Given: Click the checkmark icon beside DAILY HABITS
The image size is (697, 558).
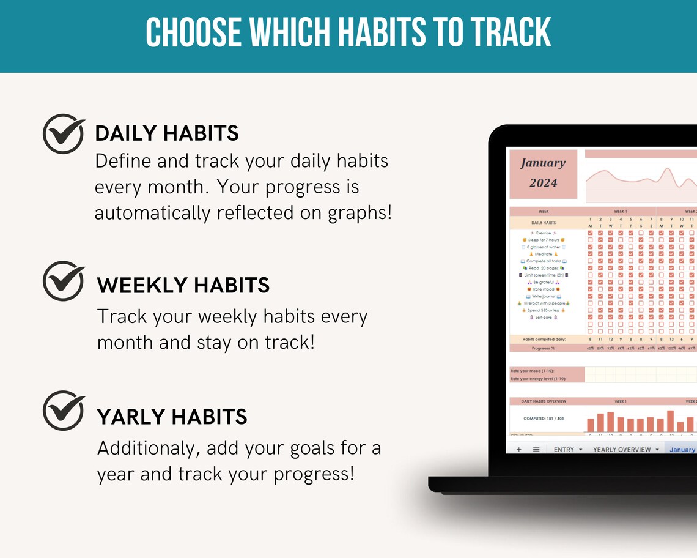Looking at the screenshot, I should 64,133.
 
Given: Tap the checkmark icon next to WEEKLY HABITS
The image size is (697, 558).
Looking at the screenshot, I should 64,281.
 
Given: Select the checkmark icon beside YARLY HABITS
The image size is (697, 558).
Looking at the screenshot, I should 64,411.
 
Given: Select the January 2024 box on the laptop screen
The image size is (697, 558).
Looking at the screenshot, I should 543,173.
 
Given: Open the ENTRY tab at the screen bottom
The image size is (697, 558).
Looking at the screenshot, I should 564,449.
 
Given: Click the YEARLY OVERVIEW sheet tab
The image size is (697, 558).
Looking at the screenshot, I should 622,449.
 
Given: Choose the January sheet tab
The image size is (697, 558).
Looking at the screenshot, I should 682,449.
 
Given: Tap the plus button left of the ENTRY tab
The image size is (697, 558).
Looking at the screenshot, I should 518,449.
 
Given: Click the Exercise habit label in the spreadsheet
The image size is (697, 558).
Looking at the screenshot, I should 544,233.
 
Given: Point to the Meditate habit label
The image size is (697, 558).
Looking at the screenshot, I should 544,254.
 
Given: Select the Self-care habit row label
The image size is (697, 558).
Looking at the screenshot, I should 544,318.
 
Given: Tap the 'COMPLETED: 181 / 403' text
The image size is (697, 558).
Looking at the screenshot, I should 544,419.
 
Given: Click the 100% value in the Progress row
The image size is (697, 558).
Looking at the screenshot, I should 671,348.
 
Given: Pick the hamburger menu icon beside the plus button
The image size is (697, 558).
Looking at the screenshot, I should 536,449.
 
